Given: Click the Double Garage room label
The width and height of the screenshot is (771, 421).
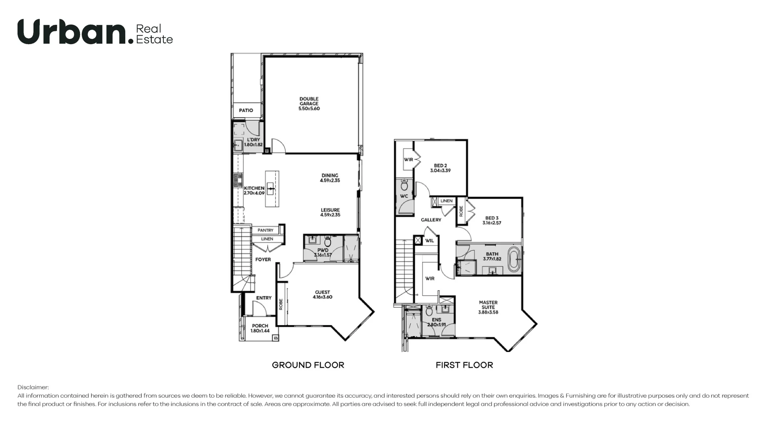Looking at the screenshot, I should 309,104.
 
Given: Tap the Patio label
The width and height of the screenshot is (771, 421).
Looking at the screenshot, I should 246,110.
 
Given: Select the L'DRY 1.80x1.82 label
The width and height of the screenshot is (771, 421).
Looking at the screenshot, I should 253,142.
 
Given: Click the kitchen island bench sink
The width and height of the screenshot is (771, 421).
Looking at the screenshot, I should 271,188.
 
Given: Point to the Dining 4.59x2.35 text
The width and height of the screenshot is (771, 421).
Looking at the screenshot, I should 330,178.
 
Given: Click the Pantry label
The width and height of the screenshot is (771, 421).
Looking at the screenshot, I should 265,230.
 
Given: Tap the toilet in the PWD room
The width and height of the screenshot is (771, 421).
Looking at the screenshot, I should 328,242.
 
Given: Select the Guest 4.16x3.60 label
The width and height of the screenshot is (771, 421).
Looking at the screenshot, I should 322,295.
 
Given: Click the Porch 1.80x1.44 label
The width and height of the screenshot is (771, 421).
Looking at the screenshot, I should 260,328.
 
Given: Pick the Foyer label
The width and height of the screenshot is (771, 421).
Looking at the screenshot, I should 263,260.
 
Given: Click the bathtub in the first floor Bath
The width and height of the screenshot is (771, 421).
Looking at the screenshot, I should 514,259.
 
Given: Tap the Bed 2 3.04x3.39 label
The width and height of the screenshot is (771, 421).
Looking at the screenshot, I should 440,168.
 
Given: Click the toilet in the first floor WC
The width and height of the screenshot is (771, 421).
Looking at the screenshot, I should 404,185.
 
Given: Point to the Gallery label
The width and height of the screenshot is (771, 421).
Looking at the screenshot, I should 431,220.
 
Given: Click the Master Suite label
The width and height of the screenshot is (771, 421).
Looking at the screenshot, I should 488,307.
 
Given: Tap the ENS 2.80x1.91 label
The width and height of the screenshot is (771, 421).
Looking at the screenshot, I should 436,322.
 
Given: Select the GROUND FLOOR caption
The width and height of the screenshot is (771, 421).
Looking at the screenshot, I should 308,365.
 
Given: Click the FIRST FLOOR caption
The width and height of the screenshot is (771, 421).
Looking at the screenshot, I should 464,365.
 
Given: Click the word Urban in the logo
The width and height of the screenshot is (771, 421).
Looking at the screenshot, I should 72,32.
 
